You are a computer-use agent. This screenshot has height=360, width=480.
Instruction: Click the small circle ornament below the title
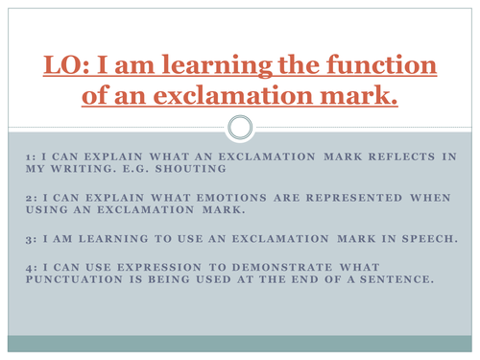coord(240,127)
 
